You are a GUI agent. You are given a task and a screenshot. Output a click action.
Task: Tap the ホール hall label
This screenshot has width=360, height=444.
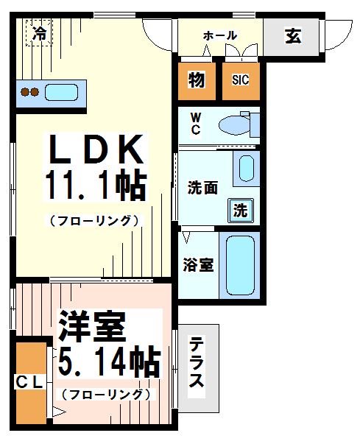(219, 35)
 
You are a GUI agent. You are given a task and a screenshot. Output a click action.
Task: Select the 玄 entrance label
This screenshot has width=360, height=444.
(292, 36)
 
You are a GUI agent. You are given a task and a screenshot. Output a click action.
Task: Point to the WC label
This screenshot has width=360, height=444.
(196, 124)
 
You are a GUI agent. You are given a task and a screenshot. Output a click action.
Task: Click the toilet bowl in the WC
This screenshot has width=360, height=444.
(236, 126)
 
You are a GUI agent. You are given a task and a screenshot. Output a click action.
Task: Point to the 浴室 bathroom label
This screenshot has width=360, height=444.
(198, 264)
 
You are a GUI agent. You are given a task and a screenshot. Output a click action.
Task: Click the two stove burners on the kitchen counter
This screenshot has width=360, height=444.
(29, 93)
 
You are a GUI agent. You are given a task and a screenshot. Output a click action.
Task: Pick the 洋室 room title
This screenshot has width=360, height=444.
(93, 325)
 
